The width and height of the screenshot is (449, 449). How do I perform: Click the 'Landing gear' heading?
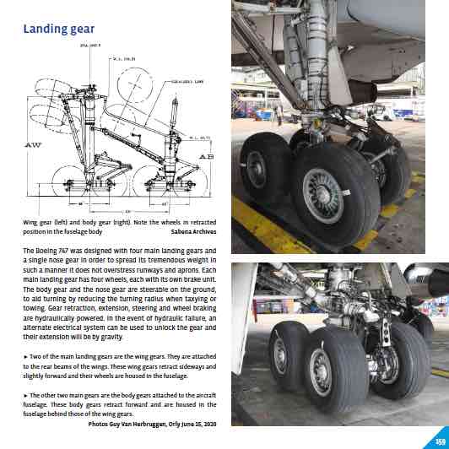[57, 29]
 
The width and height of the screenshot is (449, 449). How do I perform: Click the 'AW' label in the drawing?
[35, 145]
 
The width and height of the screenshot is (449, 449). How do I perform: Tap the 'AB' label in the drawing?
[205, 156]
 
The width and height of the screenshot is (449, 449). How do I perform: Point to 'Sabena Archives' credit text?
[196, 230]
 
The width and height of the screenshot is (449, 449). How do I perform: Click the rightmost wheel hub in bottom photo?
[393, 365]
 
